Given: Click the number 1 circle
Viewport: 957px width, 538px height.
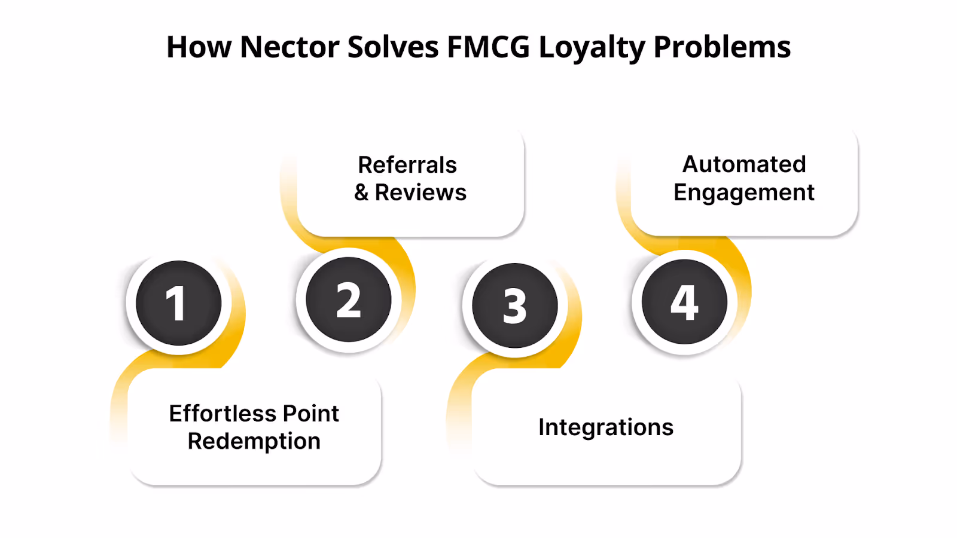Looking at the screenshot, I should pyautogui.click(x=178, y=303).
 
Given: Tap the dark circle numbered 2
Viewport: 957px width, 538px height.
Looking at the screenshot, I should pyautogui.click(x=348, y=299).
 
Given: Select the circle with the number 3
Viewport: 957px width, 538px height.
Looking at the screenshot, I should pyautogui.click(x=514, y=305).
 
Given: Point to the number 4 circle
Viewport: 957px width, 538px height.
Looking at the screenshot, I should pyautogui.click(x=684, y=302).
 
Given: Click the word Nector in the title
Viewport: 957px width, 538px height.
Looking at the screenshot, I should pyautogui.click(x=289, y=47).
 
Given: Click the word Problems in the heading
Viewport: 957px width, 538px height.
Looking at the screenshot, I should pyautogui.click(x=722, y=47).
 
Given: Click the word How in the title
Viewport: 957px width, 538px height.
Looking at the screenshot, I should pyautogui.click(x=199, y=47).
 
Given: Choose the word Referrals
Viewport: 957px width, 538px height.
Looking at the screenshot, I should pyautogui.click(x=407, y=165).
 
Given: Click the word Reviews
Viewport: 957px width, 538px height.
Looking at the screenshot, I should pyautogui.click(x=420, y=192).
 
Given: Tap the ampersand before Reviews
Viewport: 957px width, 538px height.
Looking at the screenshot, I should pyautogui.click(x=361, y=192).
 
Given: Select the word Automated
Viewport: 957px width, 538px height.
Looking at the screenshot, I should pyautogui.click(x=744, y=164).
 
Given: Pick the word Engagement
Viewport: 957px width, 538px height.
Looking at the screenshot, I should pyautogui.click(x=744, y=192).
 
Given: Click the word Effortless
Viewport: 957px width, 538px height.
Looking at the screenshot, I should pyautogui.click(x=222, y=414).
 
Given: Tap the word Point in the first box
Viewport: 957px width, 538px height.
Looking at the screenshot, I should pyautogui.click(x=310, y=414).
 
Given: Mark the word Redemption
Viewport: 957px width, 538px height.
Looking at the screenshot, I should pyautogui.click(x=254, y=441).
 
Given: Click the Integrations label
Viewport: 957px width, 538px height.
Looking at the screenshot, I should pyautogui.click(x=606, y=427).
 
